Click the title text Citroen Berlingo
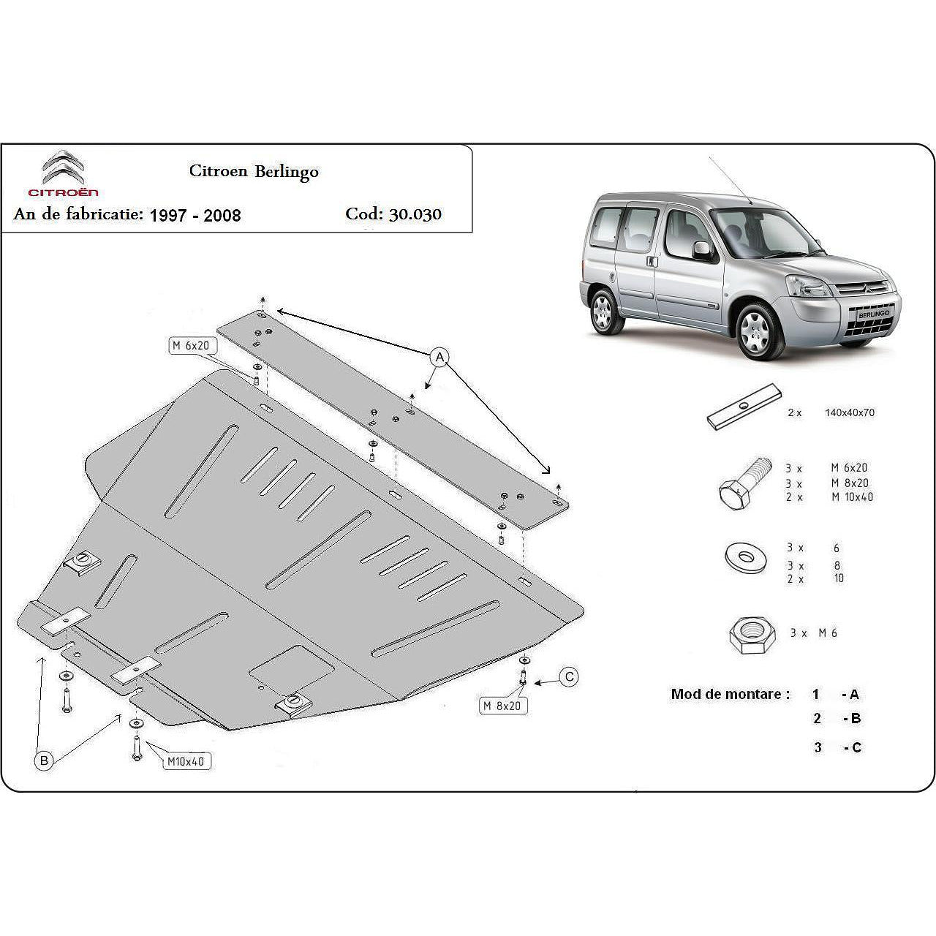pyautogui.click(x=254, y=171)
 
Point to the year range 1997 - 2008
pyautogui.click(x=195, y=215)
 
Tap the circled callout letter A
pyautogui.click(x=439, y=357)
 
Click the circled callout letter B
pyautogui.click(x=44, y=761)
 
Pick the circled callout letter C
pyautogui.click(x=569, y=677)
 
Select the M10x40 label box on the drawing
pyautogui.click(x=186, y=761)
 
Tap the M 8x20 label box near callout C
pyautogui.click(x=503, y=705)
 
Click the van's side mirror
pyautogui.click(x=702, y=250)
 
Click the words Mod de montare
pyautogui.click(x=730, y=694)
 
